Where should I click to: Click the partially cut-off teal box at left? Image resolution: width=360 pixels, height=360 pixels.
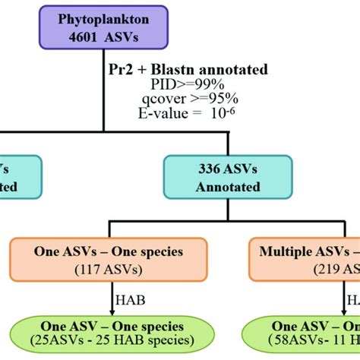(19, 176)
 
